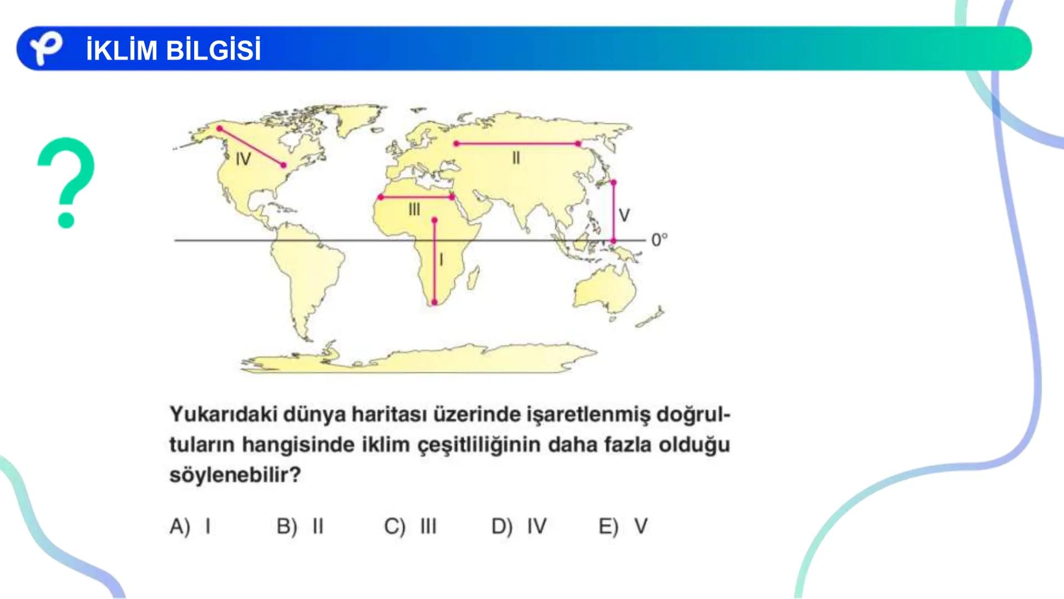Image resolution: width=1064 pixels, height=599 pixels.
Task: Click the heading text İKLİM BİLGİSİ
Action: point(173,50)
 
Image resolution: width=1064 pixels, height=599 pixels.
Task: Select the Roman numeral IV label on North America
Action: point(243,160)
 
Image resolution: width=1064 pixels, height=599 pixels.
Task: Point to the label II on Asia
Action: point(516,159)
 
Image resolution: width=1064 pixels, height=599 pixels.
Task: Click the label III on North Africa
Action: point(414,210)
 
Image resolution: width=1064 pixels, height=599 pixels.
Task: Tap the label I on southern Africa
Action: point(441,260)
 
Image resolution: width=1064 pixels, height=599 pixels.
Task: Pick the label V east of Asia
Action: point(624,215)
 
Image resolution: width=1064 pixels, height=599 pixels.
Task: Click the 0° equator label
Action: point(659,240)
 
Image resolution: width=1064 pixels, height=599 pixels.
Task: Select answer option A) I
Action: point(190,526)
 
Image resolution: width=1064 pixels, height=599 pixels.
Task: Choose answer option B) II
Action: point(300,526)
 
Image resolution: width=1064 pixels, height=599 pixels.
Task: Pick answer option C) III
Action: point(410,526)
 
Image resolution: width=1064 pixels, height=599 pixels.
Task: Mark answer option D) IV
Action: point(519,526)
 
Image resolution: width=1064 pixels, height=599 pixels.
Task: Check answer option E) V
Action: point(623,526)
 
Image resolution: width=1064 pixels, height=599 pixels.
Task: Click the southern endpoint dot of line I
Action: point(434,303)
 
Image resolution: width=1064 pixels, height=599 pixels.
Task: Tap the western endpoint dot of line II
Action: point(456,144)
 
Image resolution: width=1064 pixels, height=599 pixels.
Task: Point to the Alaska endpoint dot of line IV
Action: point(220,129)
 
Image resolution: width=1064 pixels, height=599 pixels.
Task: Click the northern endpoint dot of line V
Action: point(613,182)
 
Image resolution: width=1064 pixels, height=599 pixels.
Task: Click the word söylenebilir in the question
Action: point(235,475)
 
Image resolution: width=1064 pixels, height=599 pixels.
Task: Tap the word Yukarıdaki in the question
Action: point(223,414)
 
